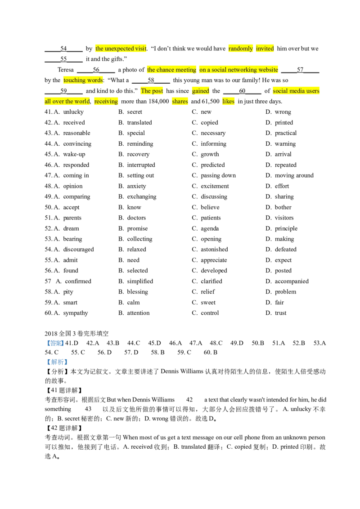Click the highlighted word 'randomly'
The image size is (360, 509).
pos(240,49)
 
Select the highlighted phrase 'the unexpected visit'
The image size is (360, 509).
pos(121,49)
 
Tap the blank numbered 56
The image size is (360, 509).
pos(96,70)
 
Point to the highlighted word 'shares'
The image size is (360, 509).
pos(180,101)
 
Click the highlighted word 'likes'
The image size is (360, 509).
pos(228,101)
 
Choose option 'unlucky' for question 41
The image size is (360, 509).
pos(73,112)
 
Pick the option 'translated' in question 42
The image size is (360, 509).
pos(139,122)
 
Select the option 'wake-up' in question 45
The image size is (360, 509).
pos(74,154)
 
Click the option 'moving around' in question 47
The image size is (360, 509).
pos(294,175)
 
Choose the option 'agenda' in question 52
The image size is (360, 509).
pos(210,228)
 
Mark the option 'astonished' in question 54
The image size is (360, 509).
pos(215,249)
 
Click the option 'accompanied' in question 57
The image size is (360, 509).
pos(292,281)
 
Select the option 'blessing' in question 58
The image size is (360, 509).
pos(137,292)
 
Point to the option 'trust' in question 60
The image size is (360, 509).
pos(281,313)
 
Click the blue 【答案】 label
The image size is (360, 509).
pos(54,343)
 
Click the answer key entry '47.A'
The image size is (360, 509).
pos(196,343)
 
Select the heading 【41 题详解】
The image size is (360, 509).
pos(63,390)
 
